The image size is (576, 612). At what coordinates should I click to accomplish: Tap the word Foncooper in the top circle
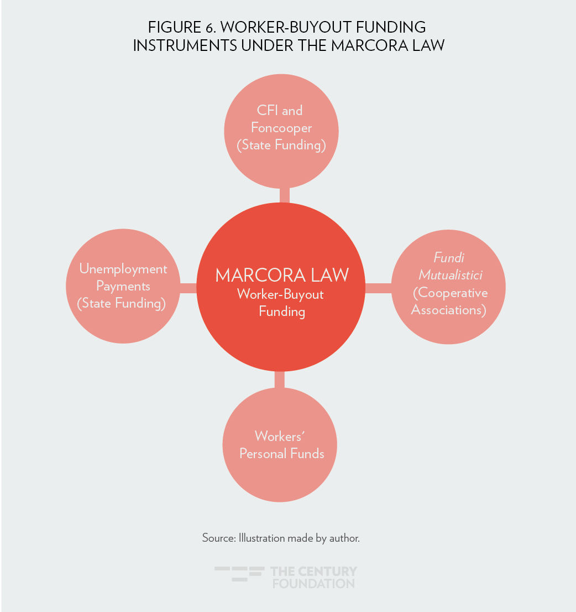tap(281, 128)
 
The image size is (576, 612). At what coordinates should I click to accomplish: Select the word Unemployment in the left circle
tap(123, 269)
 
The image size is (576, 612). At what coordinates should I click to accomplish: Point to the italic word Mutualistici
tap(450, 275)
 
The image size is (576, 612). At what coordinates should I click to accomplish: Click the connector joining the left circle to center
tap(189, 287)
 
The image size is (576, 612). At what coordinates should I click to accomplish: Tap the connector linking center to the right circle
tap(378, 287)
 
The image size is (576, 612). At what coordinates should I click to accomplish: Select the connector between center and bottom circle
tap(280, 380)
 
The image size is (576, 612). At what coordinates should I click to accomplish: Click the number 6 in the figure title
tap(210, 27)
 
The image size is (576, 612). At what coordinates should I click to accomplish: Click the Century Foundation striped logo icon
tap(239, 574)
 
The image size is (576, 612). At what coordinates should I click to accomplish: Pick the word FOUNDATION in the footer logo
tap(313, 583)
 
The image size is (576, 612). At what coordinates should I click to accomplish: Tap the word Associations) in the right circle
tap(448, 310)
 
